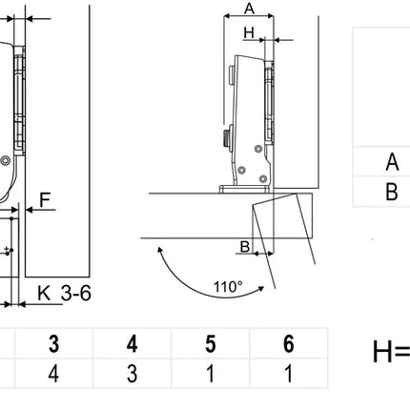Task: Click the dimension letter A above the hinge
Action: point(250,9)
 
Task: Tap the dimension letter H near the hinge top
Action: point(249,32)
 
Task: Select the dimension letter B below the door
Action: point(245,247)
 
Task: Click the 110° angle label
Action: point(228,287)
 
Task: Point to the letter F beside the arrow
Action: point(45,200)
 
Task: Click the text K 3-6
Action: point(65,293)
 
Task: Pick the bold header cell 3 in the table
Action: point(54,344)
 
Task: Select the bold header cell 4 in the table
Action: point(132,344)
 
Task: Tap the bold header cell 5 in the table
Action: point(210,344)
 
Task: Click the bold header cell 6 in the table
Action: point(288,344)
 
